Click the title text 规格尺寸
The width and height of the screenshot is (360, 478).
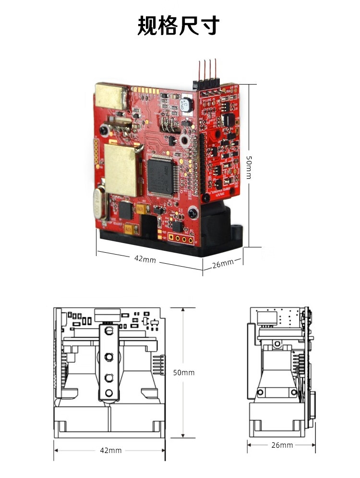pos(179,25)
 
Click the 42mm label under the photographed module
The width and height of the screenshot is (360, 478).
pos(144,259)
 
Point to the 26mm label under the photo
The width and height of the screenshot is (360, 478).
pos(222,263)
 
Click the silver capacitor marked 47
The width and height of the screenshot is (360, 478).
pos(185,104)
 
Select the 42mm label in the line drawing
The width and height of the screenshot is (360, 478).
pos(110,450)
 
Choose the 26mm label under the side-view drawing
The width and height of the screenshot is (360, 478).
pos(282,445)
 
